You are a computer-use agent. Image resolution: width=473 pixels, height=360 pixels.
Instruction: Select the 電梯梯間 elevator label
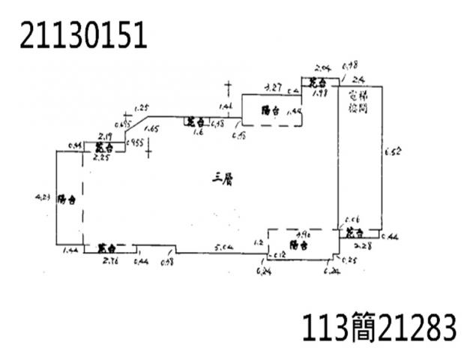click(x=358, y=103)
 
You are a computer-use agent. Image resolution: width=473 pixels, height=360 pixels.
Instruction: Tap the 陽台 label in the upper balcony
click(x=270, y=110)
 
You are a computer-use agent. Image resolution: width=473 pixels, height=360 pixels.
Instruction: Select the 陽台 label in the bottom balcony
click(x=298, y=244)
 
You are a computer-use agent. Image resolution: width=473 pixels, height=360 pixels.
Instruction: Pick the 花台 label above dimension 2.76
click(x=106, y=247)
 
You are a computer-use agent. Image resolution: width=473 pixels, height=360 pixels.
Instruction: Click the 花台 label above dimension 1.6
click(x=196, y=121)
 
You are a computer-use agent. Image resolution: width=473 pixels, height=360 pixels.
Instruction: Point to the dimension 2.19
click(x=105, y=136)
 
